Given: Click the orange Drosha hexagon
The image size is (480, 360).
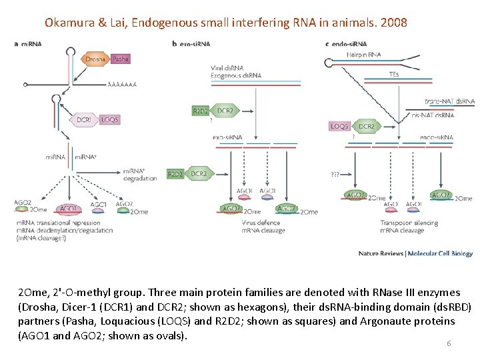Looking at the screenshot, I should pyautogui.click(x=95, y=59).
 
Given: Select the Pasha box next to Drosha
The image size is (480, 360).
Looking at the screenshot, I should pyautogui.click(x=121, y=59).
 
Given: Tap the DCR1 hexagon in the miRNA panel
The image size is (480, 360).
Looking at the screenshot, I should pyautogui.click(x=84, y=119).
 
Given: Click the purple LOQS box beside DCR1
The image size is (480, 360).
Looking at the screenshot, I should pyautogui.click(x=109, y=119).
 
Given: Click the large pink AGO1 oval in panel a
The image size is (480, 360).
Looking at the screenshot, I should pyautogui.click(x=69, y=209).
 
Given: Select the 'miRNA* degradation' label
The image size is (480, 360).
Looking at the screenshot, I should pyautogui.click(x=140, y=175).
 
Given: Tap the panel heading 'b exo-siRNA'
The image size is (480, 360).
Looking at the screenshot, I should pyautogui.click(x=191, y=44).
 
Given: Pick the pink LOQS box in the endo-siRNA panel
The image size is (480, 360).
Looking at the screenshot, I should pyautogui.click(x=340, y=126).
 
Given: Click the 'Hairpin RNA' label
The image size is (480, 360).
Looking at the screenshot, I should pyautogui.click(x=364, y=54).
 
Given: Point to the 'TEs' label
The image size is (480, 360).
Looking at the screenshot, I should pyautogui.click(x=393, y=75).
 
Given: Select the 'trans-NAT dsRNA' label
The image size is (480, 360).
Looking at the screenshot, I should pyautogui.click(x=449, y=101).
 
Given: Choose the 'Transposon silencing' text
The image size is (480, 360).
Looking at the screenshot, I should pyautogui.click(x=409, y=223).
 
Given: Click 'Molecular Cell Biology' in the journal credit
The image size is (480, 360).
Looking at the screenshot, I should pyautogui.click(x=440, y=254).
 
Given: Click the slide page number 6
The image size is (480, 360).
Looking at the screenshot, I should pyautogui.click(x=449, y=343).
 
